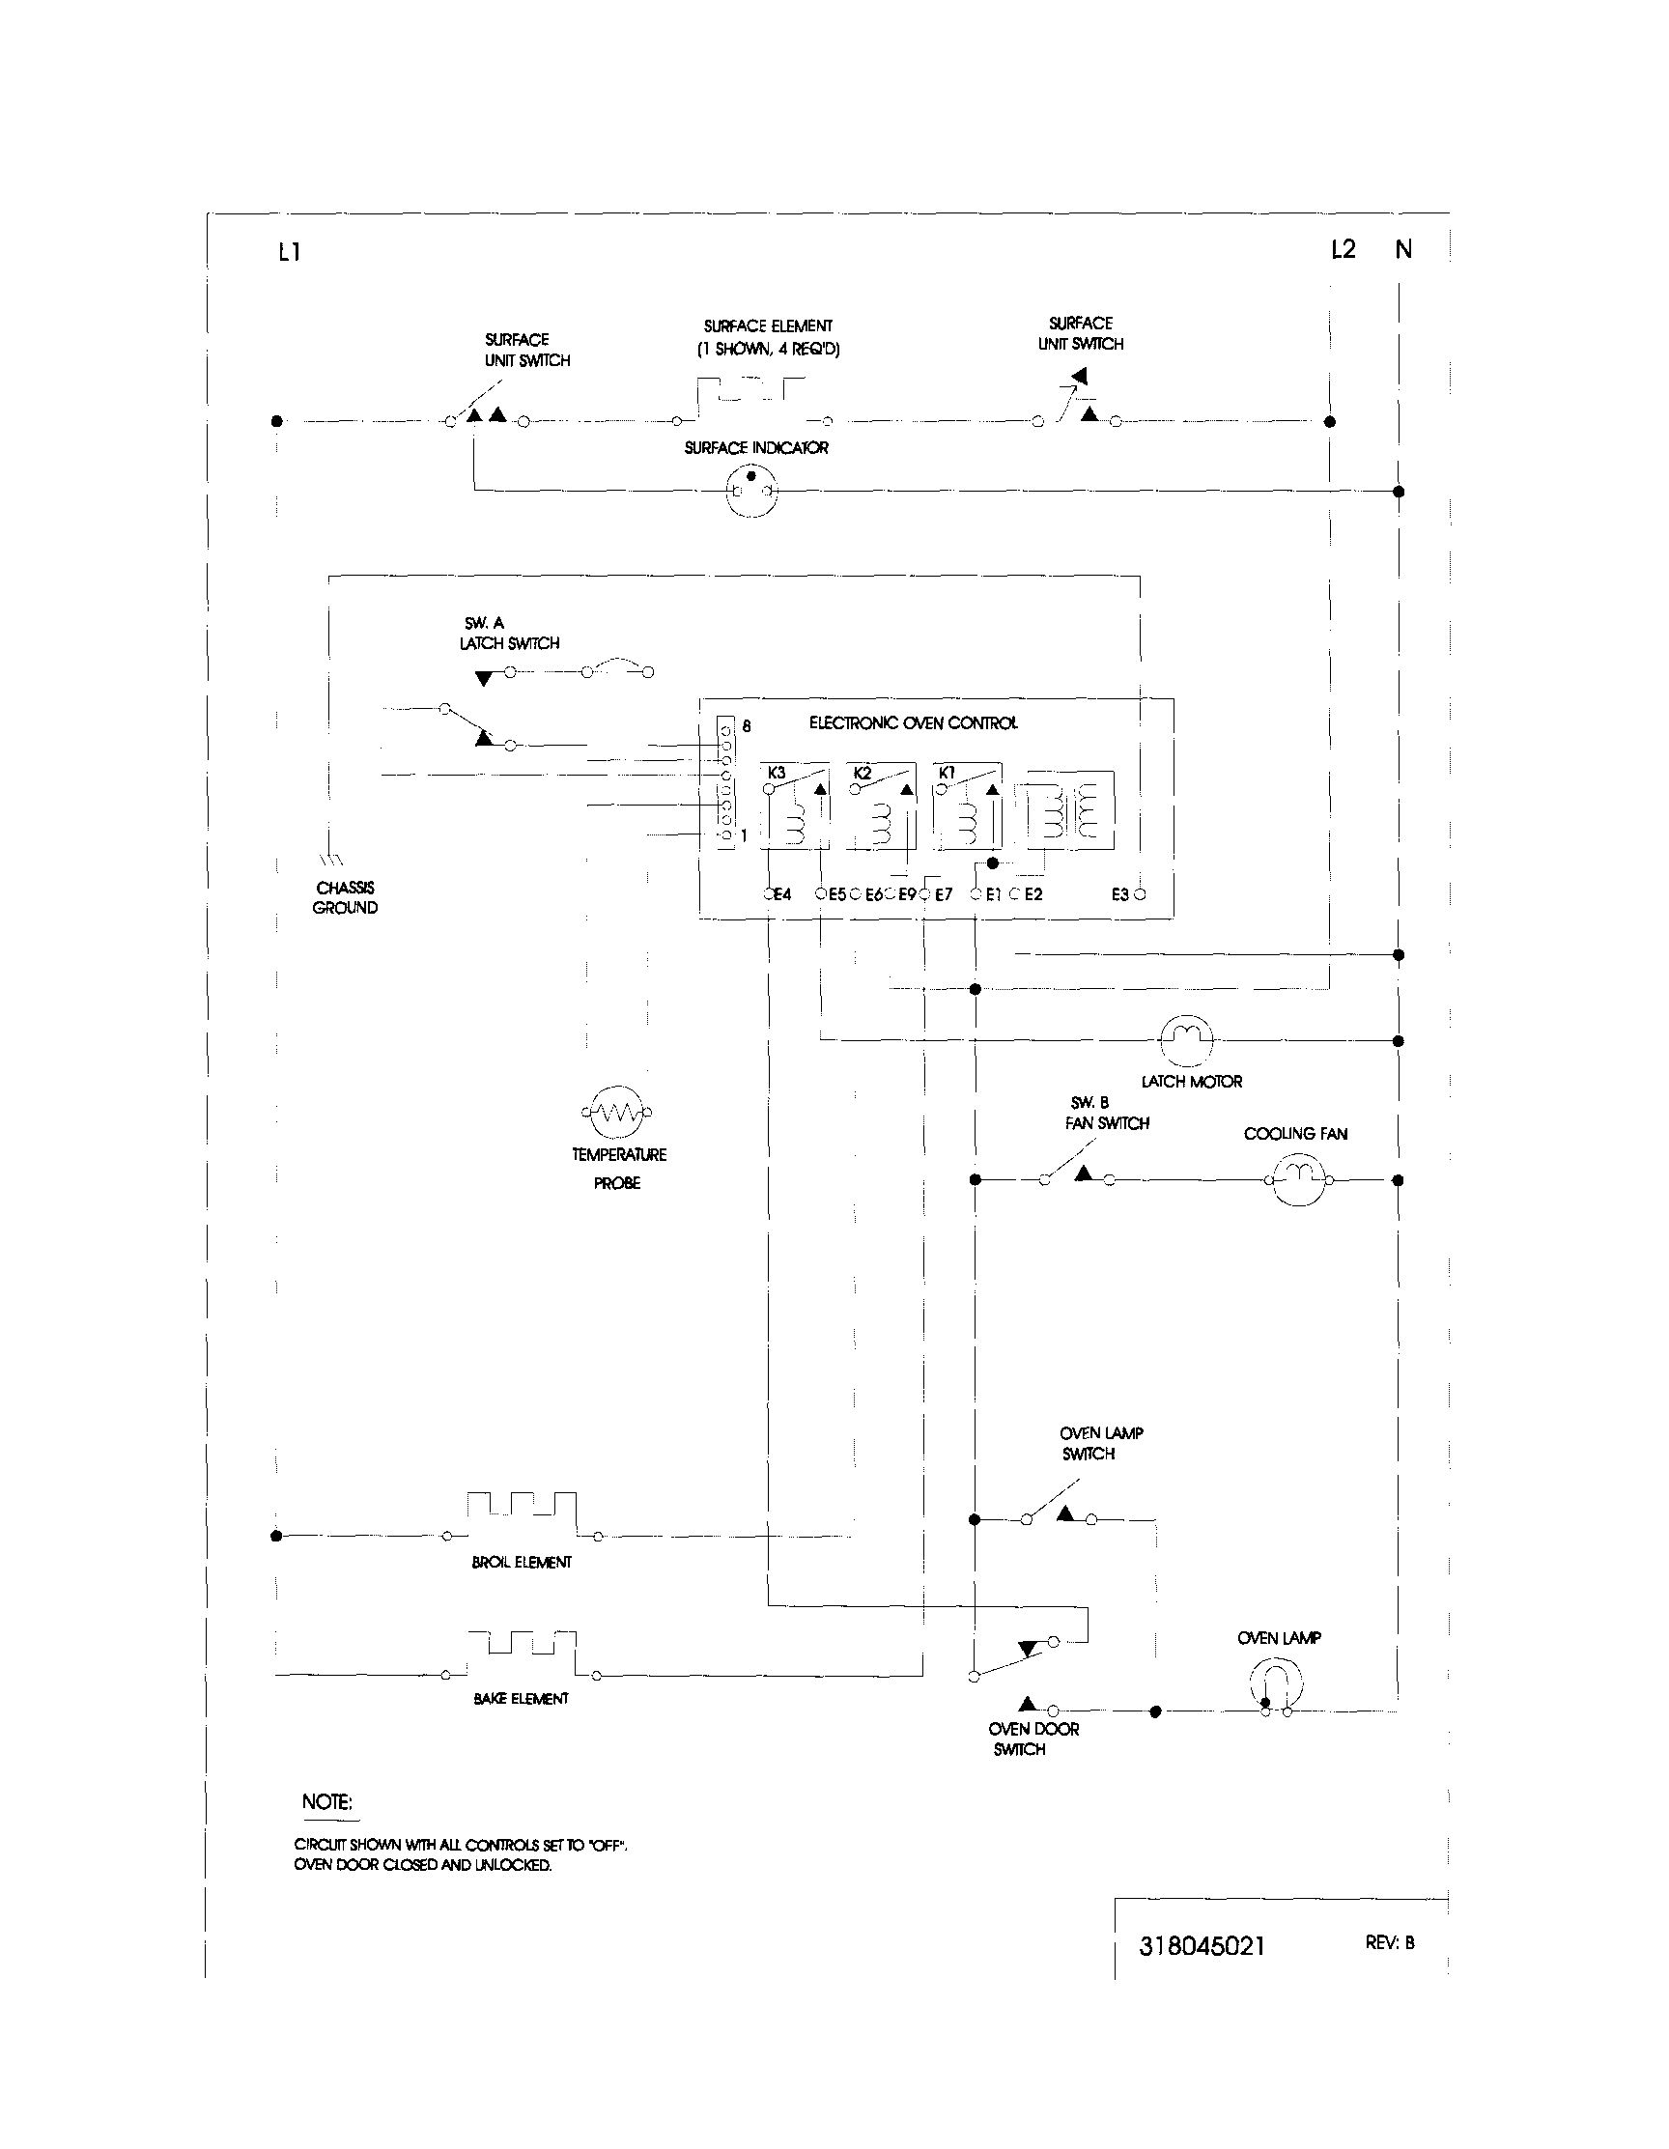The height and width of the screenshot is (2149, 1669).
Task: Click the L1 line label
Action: point(289,252)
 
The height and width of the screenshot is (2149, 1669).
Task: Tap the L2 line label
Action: point(1343,249)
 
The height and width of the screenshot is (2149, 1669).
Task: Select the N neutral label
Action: point(1403,250)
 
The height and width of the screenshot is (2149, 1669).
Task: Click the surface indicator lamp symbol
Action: point(750,490)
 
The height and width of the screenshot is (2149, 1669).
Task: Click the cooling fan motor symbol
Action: point(1298,1177)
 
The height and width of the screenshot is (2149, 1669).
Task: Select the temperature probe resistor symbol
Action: point(617,1112)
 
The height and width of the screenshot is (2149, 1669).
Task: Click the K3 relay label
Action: point(777,773)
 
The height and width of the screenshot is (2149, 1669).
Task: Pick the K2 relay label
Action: point(863,773)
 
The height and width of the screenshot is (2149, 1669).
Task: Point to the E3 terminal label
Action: point(1119,894)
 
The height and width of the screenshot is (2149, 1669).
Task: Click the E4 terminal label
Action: point(781,894)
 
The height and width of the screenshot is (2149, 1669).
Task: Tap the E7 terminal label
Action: point(944,894)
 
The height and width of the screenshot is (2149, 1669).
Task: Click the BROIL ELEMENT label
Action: point(522,1562)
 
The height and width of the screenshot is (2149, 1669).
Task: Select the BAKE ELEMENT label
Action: point(521,1698)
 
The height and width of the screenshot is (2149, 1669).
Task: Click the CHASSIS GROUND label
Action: point(346,897)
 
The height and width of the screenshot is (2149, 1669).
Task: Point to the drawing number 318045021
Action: point(1202,1945)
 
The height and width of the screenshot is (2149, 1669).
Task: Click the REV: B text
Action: point(1390,1942)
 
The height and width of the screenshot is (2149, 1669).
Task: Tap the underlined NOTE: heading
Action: point(326,1801)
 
